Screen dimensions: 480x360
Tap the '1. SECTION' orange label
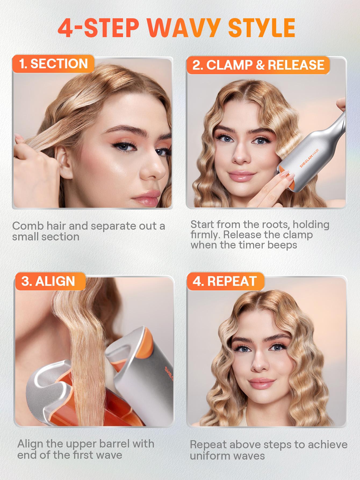[53, 64]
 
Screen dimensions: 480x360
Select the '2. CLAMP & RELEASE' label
[258, 65]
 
